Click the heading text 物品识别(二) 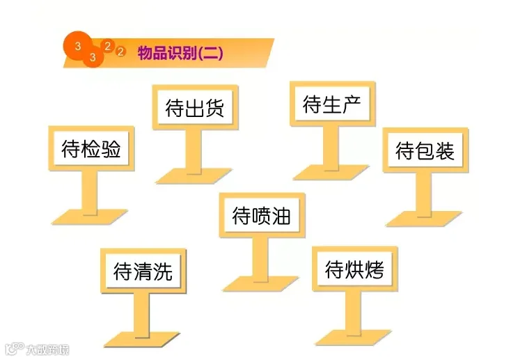(180, 53)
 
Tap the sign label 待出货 (195, 107)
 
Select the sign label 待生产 (332, 104)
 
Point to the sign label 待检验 (91, 148)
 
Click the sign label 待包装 (425, 150)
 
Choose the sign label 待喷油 (262, 215)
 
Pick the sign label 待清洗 (143, 272)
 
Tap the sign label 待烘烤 (354, 269)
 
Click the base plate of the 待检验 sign (89, 217)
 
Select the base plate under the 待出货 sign (194, 175)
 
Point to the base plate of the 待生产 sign (331, 172)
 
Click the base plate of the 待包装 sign (424, 219)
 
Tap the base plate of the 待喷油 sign (260, 283)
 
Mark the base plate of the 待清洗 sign (142, 340)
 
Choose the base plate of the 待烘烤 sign (353, 338)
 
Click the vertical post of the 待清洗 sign (141, 315)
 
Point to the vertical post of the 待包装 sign (423, 194)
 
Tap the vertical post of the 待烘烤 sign (353, 313)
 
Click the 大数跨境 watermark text (47, 350)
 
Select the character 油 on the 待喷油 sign (281, 215)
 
